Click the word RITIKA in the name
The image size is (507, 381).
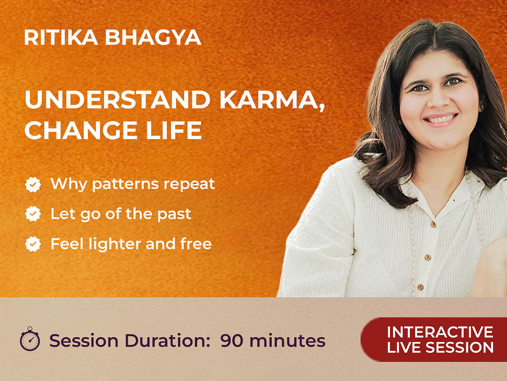[x=61, y=38]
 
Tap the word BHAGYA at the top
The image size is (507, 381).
[x=153, y=38]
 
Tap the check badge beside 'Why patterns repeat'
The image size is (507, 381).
[x=33, y=184]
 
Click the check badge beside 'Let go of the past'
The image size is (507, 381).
[x=33, y=214]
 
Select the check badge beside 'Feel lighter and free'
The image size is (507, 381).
[x=33, y=244]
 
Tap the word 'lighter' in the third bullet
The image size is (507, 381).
[x=115, y=244]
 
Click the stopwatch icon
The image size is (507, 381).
[x=30, y=339]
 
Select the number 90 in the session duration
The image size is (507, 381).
[x=232, y=341]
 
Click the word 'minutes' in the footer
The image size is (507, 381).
[x=287, y=341]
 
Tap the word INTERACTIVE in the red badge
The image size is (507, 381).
[x=440, y=332]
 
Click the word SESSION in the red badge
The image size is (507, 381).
[x=459, y=347]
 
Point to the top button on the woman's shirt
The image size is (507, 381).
[x=433, y=224]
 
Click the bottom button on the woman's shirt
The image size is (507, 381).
[x=420, y=287]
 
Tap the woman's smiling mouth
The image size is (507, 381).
[x=440, y=119]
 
